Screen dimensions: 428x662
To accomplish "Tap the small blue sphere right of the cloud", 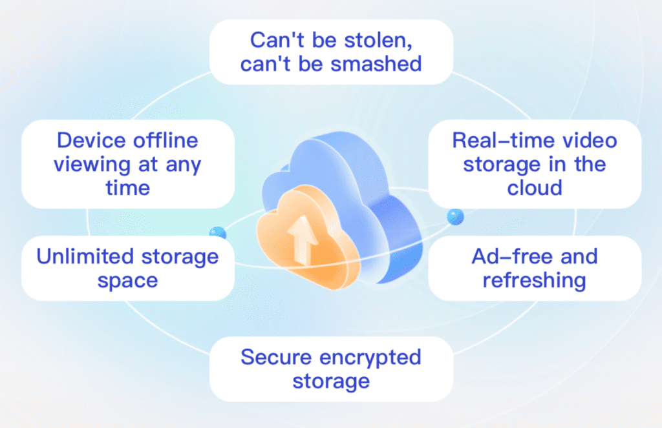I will (455, 216).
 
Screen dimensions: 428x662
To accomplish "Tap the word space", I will (127, 281).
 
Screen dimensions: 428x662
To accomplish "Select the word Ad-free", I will (506, 257).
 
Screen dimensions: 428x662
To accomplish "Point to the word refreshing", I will (534, 281).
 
